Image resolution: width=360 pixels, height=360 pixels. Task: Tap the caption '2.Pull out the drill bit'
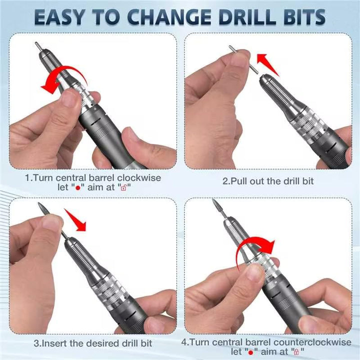(268, 181)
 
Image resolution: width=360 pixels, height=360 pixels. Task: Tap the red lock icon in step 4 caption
(296, 352)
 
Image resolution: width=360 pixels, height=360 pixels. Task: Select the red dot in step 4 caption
(250, 352)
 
